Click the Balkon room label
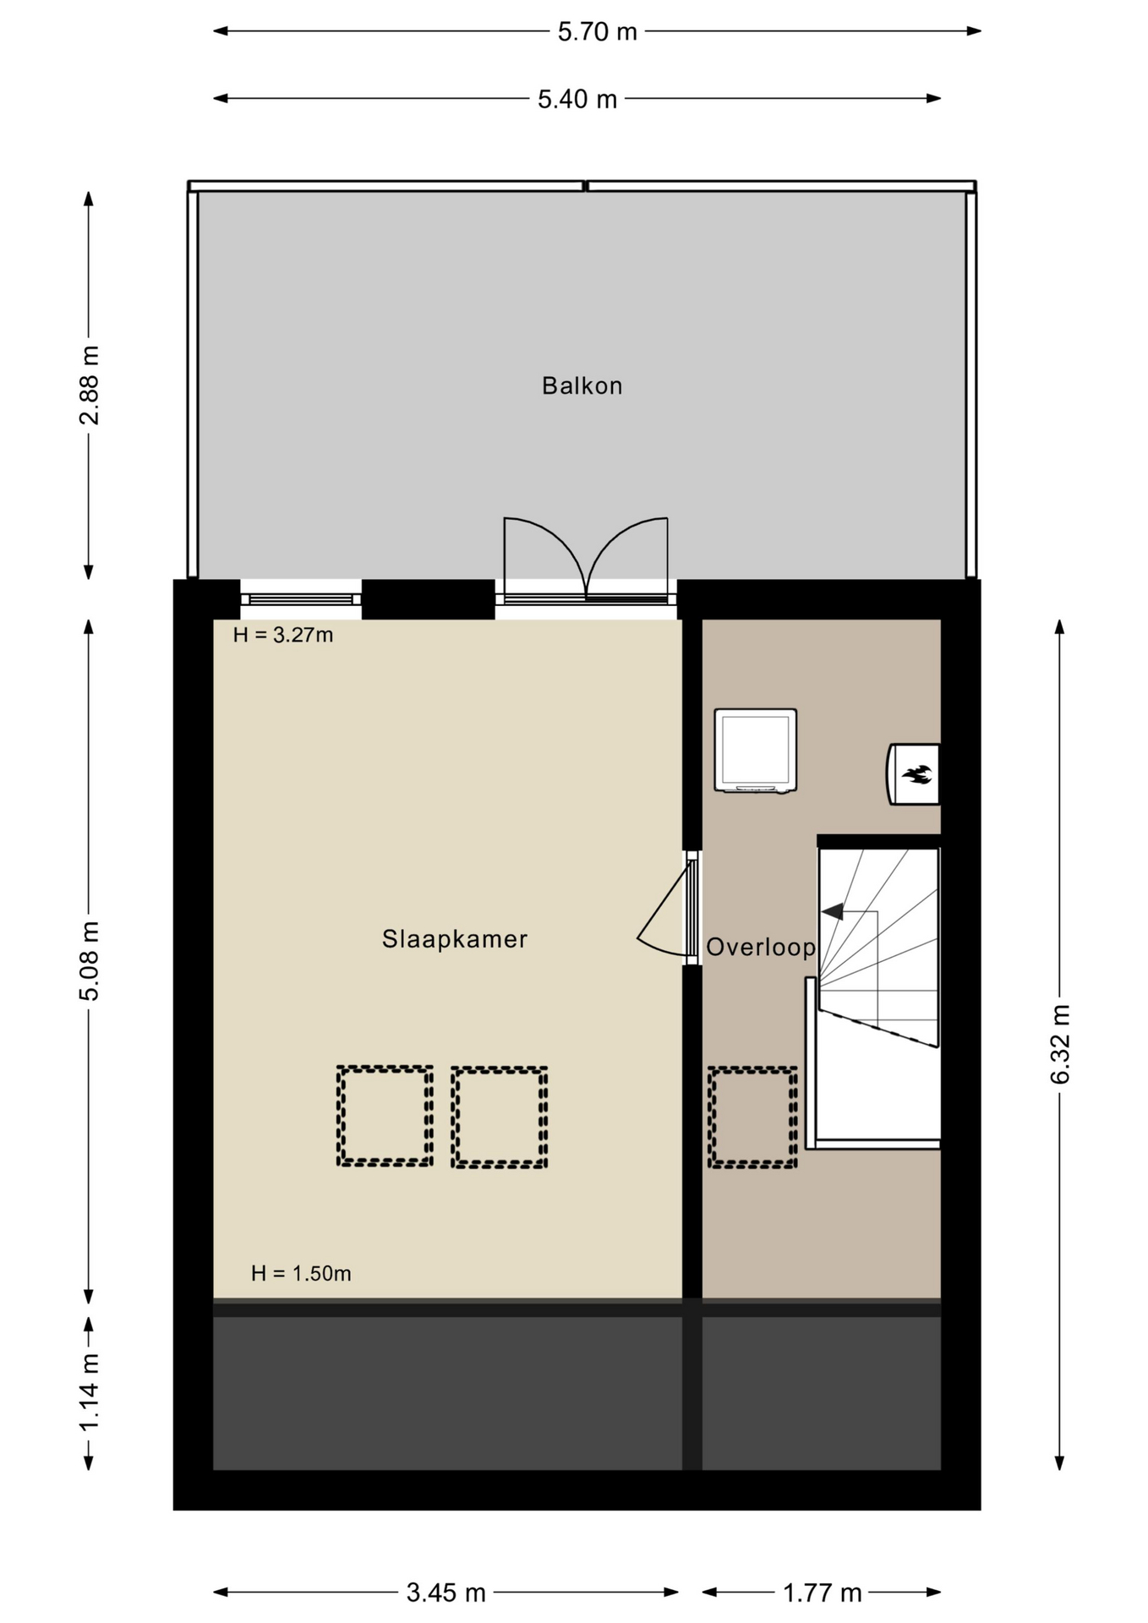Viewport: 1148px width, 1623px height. [x=582, y=385]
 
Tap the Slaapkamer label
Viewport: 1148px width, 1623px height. [x=455, y=939]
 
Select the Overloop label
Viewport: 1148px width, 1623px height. [x=761, y=947]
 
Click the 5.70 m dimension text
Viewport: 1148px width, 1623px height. [x=597, y=31]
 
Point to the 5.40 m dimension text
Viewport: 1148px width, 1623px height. [x=577, y=99]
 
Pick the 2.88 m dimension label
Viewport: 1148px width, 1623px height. [x=89, y=385]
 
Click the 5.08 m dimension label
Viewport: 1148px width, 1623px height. [x=89, y=960]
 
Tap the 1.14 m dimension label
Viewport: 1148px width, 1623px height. [x=89, y=1392]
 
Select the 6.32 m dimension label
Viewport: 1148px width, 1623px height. [x=1060, y=1044]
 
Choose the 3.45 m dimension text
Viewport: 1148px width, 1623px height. [x=446, y=1593]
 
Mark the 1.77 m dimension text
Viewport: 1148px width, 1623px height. [x=822, y=1593]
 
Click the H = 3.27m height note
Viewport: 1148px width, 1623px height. [x=283, y=635]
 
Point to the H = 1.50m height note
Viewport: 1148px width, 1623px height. [x=301, y=1273]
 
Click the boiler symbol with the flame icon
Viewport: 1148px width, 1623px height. [x=913, y=773]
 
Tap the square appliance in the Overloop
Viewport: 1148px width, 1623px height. [x=756, y=751]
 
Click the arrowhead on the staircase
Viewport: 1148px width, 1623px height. [x=833, y=911]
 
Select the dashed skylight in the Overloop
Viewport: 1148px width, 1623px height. [x=752, y=1118]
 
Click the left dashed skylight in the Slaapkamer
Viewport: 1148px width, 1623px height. [x=385, y=1117]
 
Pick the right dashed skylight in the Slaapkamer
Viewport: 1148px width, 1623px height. [x=499, y=1118]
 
